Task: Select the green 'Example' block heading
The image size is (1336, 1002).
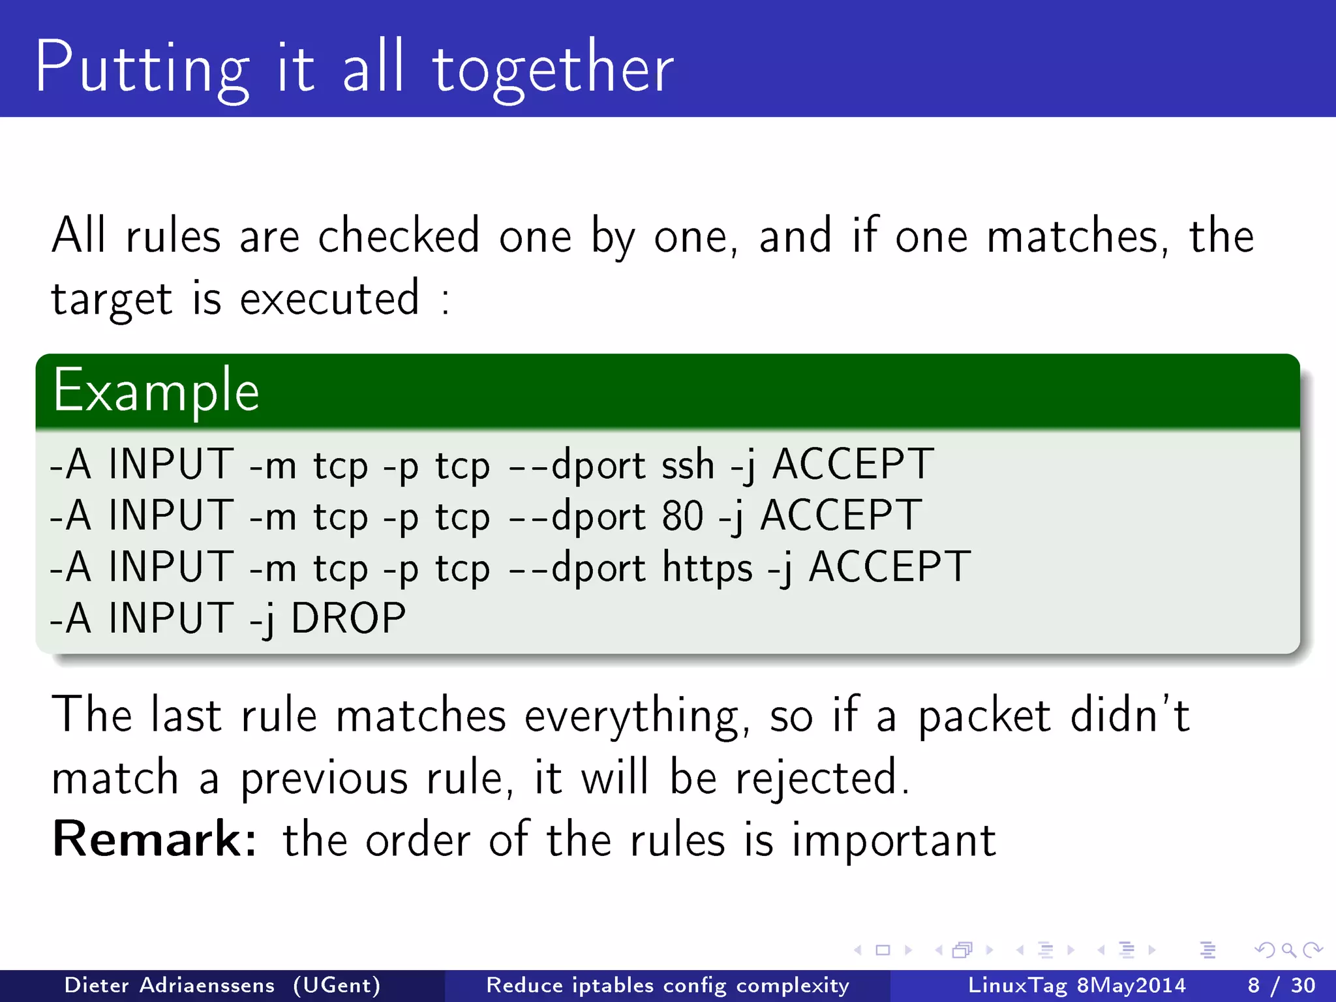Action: click(x=156, y=391)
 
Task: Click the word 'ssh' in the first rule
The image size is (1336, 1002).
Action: click(x=688, y=465)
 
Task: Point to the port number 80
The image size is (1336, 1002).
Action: click(x=682, y=516)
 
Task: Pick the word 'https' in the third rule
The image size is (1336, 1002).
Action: click(x=707, y=567)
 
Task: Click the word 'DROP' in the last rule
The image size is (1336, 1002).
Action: click(x=348, y=618)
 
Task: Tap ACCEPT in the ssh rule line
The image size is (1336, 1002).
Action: click(x=853, y=465)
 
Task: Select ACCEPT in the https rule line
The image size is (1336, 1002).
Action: click(x=890, y=567)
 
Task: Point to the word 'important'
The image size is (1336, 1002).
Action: click(x=894, y=840)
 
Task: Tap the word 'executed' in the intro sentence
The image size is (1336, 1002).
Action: click(x=329, y=299)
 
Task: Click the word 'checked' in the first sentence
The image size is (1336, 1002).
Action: click(x=399, y=235)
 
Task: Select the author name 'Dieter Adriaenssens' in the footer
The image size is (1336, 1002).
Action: click(x=170, y=985)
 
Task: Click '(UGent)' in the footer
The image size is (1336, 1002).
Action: click(x=337, y=985)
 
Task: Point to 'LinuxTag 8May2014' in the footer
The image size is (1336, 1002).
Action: click(x=1076, y=985)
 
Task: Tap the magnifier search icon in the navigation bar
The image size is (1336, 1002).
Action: click(x=1288, y=950)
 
